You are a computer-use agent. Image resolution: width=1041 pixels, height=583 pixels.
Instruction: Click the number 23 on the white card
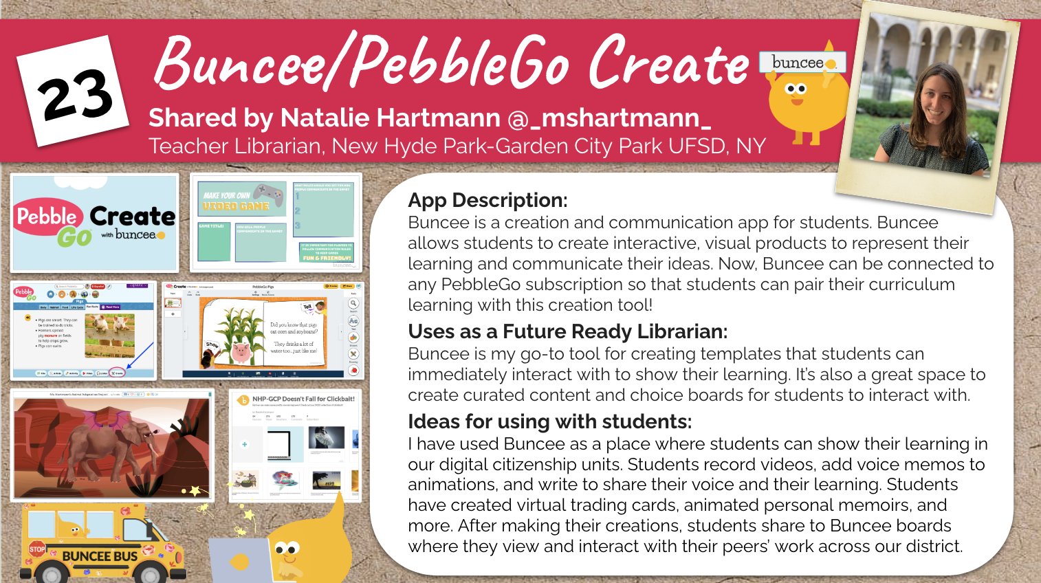[74, 96]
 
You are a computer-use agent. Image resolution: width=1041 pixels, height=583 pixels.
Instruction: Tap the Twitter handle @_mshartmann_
[609, 118]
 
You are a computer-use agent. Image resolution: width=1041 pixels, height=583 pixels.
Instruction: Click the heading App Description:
[487, 200]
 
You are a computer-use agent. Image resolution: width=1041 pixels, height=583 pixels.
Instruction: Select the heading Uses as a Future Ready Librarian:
[567, 331]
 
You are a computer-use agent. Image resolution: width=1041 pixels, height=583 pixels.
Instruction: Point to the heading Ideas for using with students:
[549, 421]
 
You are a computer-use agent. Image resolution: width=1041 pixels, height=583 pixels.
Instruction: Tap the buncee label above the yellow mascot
[798, 63]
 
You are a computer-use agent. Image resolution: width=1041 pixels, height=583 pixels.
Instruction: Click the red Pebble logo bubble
[47, 216]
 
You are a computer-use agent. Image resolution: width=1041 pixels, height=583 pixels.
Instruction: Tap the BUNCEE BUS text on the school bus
[100, 555]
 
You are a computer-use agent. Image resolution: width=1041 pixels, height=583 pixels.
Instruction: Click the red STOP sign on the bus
[37, 549]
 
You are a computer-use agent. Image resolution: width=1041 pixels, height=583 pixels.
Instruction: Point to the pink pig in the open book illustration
[241, 352]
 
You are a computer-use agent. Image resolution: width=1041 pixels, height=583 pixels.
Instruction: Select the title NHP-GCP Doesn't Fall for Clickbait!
[303, 399]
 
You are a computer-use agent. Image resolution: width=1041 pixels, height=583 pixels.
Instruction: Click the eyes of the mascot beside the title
[796, 89]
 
